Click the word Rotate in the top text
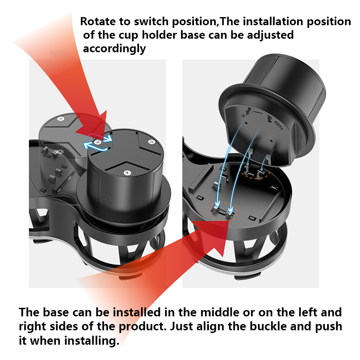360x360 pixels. [x=96, y=22]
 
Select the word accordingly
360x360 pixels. [x=114, y=49]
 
